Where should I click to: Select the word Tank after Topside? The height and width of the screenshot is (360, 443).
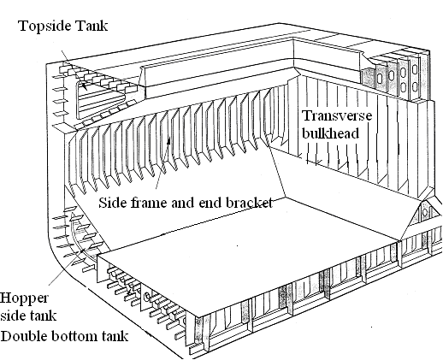pos(92,26)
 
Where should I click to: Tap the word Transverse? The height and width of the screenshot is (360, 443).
pos(337,116)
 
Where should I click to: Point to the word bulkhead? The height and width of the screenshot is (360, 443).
pos(330,133)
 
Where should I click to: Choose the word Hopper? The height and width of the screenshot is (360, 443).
pos(24,299)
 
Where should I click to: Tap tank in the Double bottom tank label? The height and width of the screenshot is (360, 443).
pos(115,336)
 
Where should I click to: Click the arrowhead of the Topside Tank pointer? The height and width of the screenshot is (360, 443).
pos(85,86)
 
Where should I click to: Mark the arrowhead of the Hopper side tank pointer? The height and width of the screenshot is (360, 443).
pos(82,251)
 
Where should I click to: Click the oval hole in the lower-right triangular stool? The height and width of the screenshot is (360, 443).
pos(425,212)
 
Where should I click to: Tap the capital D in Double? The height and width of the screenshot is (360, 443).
pos(6,336)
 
